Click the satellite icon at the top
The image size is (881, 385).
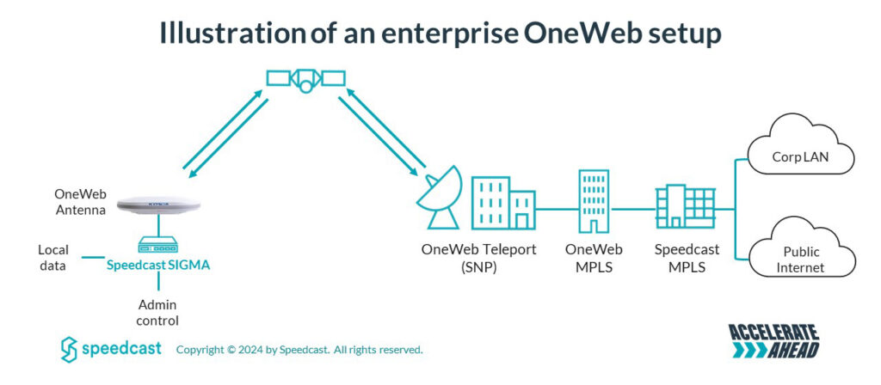coord(305,79)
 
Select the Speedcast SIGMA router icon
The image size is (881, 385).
coord(159,245)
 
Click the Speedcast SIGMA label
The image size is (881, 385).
coord(158,266)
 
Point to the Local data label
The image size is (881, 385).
coord(52,258)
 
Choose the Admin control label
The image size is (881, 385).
coord(158,313)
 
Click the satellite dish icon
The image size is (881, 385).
coord(439,199)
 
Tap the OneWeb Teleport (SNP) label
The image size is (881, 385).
coord(478,257)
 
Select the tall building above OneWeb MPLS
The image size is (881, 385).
coord(594,199)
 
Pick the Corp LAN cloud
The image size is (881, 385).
coord(800,156)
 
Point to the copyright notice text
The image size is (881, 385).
coord(299,350)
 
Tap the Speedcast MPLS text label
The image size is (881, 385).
coord(685,257)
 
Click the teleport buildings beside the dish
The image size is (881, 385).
coord(503,203)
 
